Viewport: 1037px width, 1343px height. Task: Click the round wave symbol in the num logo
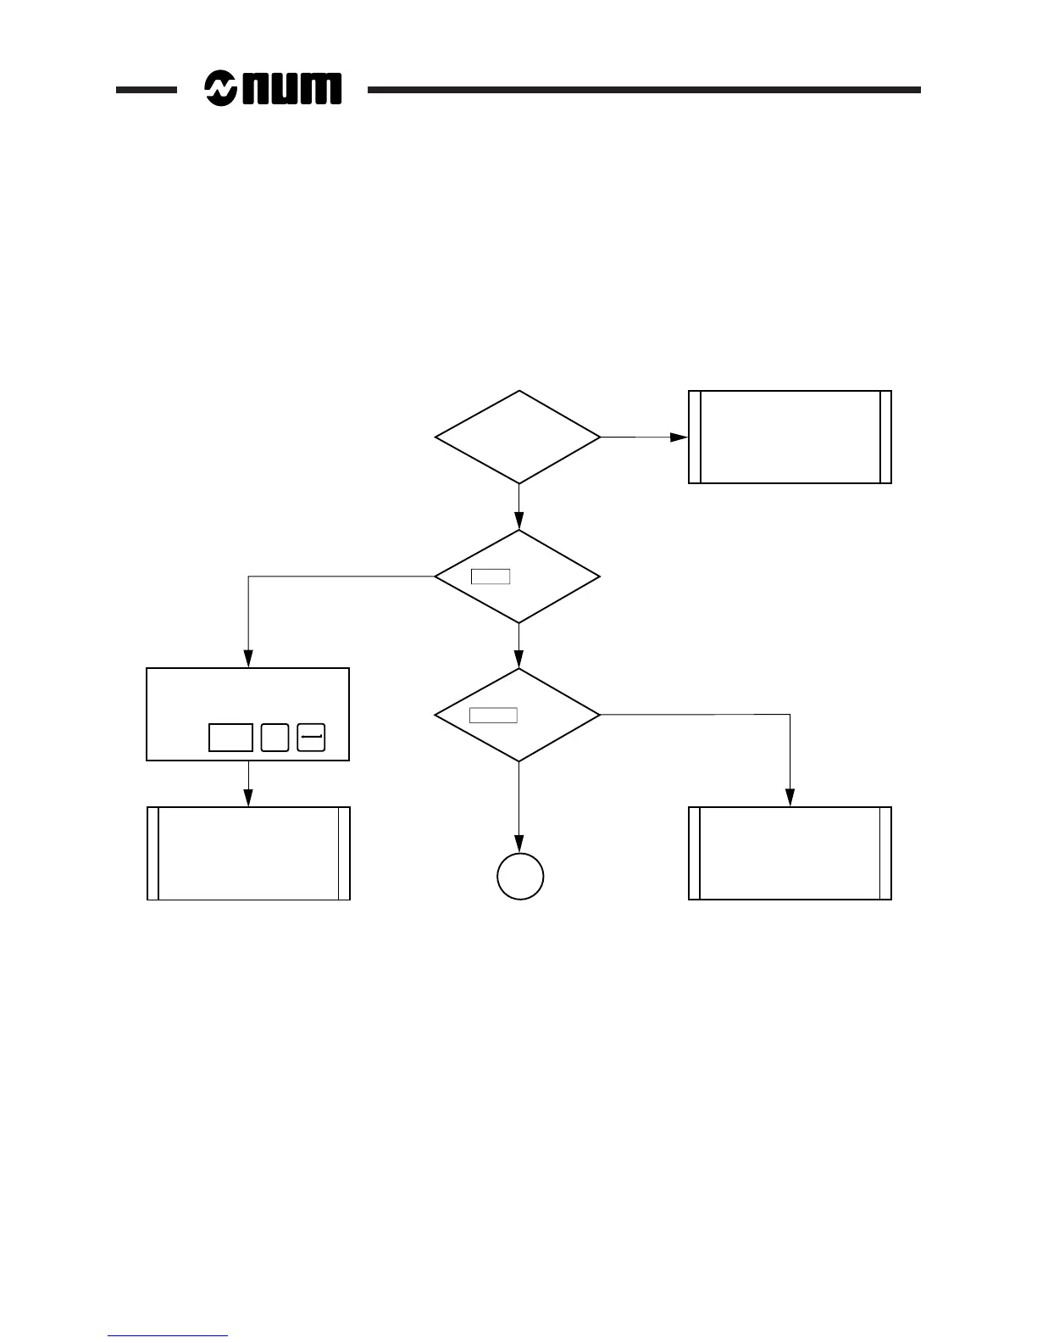(x=221, y=88)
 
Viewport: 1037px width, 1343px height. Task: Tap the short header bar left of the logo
(x=146, y=89)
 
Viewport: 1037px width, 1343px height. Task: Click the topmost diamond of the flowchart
(x=518, y=437)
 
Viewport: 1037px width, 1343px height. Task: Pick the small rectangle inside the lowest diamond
(x=493, y=715)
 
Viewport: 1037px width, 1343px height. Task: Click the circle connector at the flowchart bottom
(x=519, y=876)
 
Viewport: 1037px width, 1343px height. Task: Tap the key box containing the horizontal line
(x=312, y=738)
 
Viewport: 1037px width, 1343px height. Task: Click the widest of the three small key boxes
(x=230, y=738)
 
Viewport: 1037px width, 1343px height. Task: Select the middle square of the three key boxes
(x=274, y=738)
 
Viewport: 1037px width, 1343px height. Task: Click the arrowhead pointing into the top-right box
(x=679, y=437)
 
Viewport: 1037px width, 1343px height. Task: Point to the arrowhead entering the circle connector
(x=519, y=844)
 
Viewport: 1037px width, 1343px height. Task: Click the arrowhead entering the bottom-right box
(x=790, y=798)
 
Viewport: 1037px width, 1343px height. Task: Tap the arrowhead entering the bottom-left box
(x=248, y=798)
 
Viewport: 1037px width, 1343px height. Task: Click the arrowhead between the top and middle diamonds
(x=518, y=521)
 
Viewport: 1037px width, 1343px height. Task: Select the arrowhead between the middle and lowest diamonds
(x=518, y=660)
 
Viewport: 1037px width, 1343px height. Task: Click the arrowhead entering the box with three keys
(x=248, y=659)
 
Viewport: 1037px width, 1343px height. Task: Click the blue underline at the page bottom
(x=168, y=1336)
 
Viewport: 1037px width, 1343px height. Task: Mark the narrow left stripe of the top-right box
(x=694, y=437)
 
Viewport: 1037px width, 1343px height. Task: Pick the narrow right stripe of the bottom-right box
(x=885, y=853)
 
